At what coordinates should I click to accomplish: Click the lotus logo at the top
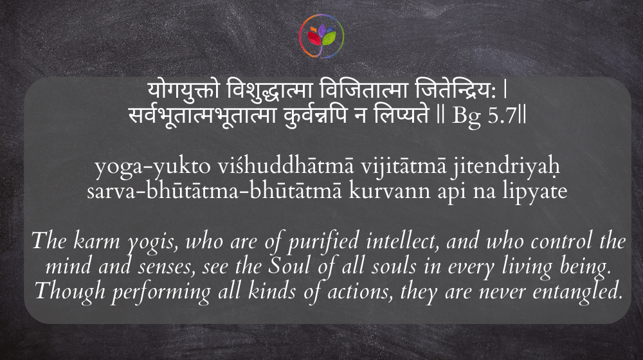click(321, 36)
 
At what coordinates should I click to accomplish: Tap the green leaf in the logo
click(329, 38)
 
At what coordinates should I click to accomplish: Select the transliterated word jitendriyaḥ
click(505, 167)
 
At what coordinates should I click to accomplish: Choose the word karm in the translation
click(97, 240)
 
